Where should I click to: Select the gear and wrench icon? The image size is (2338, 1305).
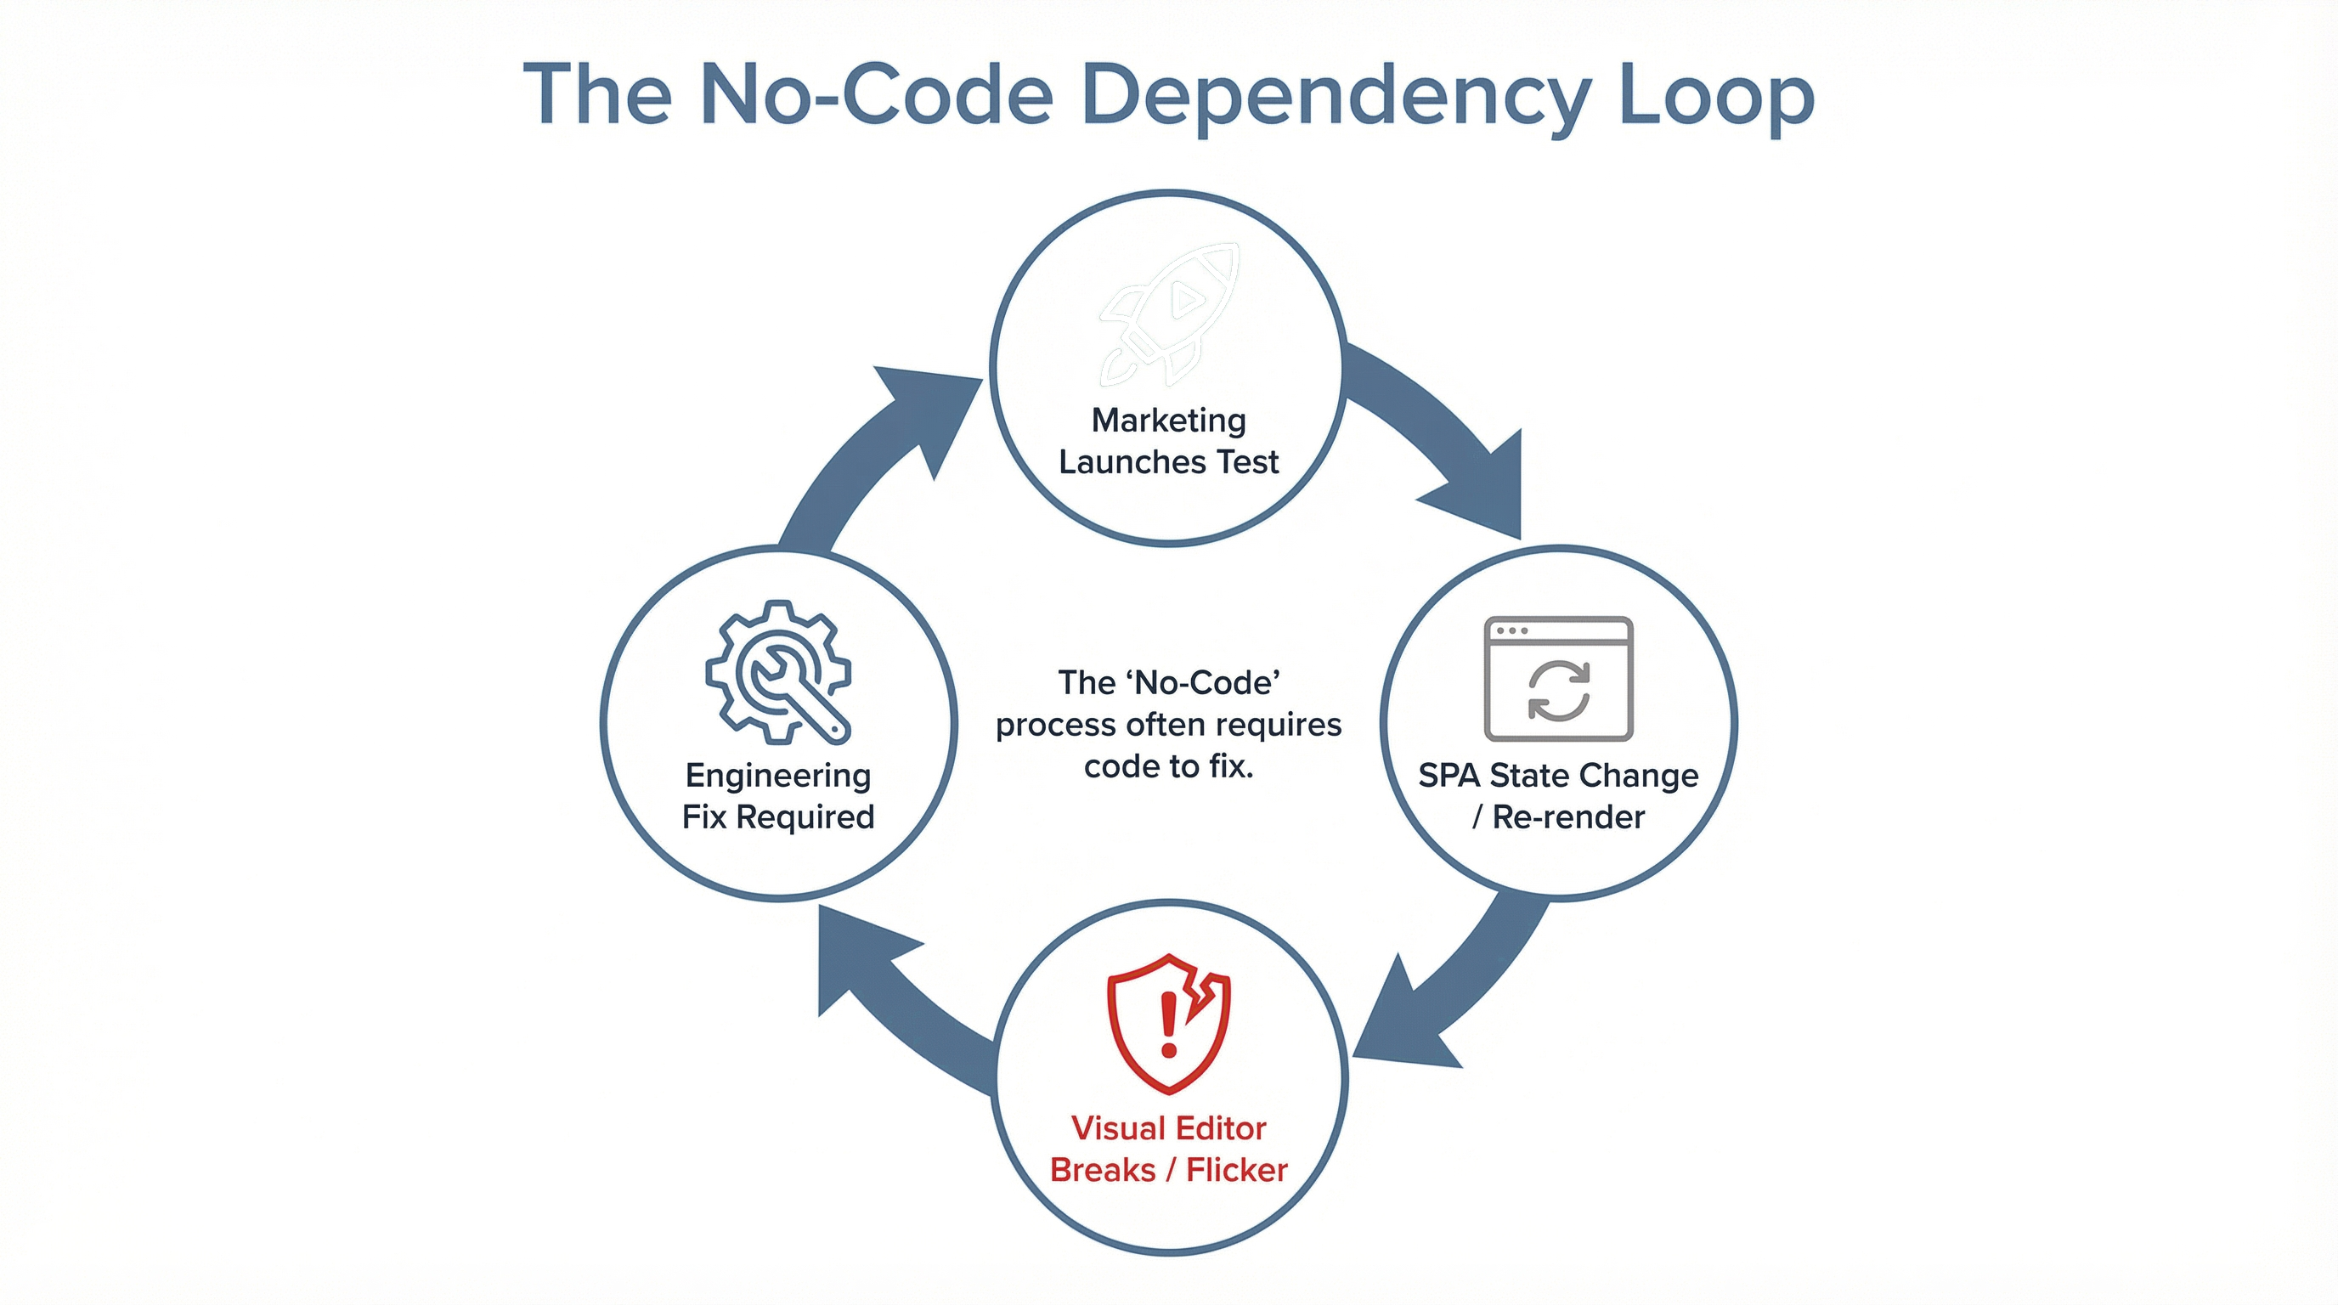click(779, 671)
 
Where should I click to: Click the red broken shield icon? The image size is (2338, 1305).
click(1169, 1023)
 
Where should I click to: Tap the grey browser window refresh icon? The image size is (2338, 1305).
click(1558, 679)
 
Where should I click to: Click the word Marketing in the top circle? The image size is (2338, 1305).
click(1169, 421)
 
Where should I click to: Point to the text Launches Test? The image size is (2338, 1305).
click(1169, 462)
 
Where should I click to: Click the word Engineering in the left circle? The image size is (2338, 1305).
click(779, 775)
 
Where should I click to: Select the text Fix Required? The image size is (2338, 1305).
click(779, 816)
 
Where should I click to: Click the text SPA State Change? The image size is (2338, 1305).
click(1558, 775)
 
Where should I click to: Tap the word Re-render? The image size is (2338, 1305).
click(1568, 816)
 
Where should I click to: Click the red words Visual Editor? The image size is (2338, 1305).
click(1169, 1128)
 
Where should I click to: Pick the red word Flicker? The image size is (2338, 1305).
click(1236, 1170)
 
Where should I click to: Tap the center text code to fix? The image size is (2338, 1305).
click(1169, 767)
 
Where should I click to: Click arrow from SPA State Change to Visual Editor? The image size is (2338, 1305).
click(1443, 989)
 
